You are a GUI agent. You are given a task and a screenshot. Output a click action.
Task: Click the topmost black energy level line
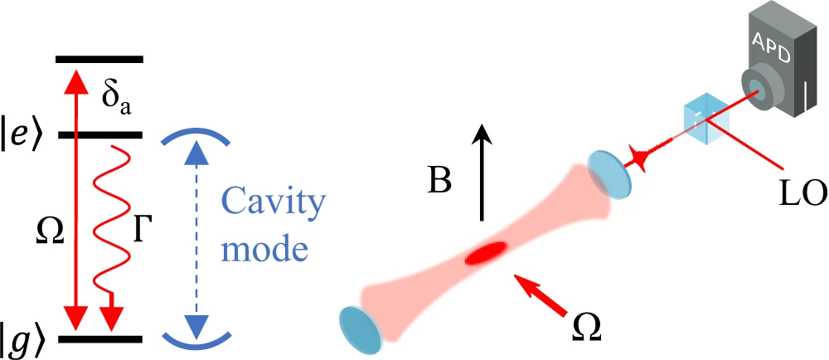point(99,59)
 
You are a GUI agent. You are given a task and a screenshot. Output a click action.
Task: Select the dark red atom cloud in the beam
point(487,252)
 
